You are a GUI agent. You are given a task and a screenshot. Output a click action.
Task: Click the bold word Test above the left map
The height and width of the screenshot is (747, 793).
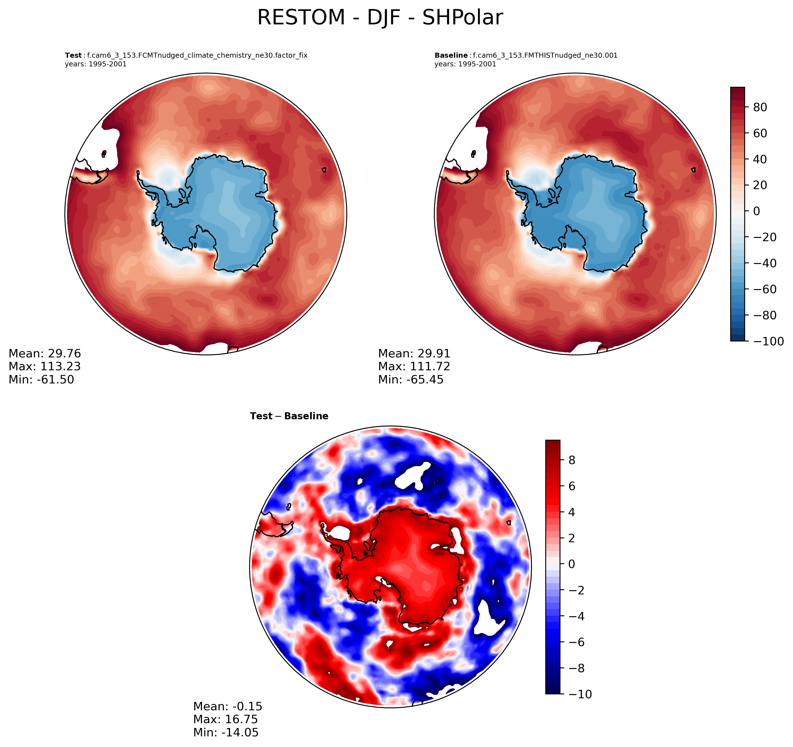click(73, 55)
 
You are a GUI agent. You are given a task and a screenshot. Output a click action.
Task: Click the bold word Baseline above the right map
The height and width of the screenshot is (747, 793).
click(451, 55)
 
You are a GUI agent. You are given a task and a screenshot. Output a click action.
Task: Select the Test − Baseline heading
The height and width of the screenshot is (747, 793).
click(289, 416)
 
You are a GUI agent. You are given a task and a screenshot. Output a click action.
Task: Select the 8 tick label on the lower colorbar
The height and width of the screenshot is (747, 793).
click(572, 460)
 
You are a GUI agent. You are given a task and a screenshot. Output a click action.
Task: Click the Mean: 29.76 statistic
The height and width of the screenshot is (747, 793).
click(45, 354)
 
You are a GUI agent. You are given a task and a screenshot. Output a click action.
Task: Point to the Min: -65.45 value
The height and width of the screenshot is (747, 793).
click(411, 379)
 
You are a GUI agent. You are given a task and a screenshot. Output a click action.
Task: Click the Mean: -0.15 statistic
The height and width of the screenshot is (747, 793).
click(228, 706)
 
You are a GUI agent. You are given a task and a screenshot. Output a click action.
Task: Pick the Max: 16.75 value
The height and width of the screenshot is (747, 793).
click(225, 719)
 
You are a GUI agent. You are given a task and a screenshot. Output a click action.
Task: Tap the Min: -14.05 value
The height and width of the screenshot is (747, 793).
click(226, 732)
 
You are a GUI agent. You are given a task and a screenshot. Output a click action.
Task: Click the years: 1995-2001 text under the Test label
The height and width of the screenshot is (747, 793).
click(96, 64)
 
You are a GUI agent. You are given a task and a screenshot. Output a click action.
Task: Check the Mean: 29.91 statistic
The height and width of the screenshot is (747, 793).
click(414, 354)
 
